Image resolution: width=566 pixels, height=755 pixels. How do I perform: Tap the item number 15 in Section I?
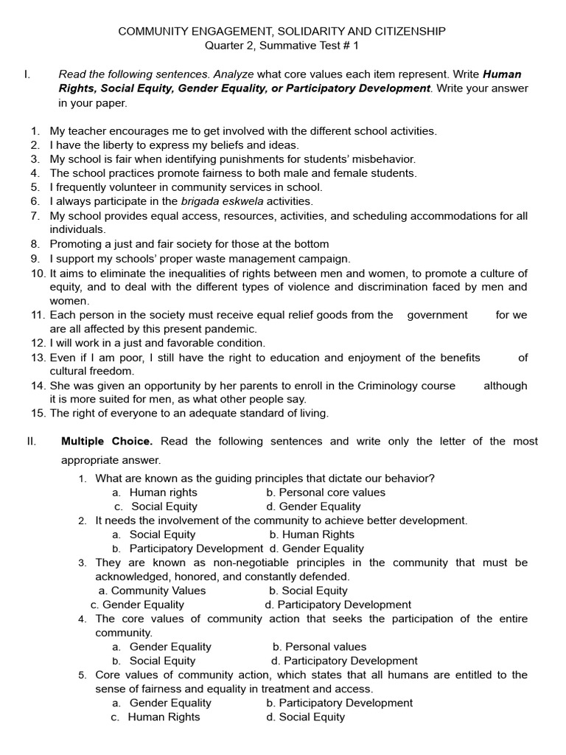click(38, 414)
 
